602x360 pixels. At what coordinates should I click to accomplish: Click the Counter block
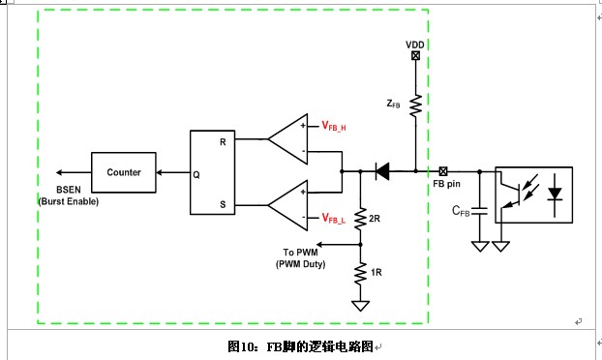[x=124, y=172]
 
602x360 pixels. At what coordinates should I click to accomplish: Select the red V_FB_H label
[x=334, y=126]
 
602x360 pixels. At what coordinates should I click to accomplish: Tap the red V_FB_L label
[x=334, y=219]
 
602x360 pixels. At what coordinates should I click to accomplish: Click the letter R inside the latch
[x=223, y=142]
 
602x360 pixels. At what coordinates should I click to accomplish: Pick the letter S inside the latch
[x=223, y=204]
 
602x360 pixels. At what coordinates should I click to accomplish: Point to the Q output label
[x=196, y=175]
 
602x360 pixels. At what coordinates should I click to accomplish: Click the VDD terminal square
[x=415, y=56]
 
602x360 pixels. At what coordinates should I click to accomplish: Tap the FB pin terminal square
[x=443, y=171]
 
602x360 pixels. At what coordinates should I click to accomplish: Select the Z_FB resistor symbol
[x=415, y=105]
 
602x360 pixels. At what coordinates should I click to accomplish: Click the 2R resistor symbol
[x=360, y=219]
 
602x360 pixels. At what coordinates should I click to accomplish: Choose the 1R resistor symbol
[x=360, y=273]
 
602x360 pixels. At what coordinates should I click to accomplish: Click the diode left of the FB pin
[x=382, y=171]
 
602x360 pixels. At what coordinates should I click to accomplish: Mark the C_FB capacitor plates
[x=479, y=211]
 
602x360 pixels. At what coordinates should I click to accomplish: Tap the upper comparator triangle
[x=288, y=139]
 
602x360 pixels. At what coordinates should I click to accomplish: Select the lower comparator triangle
[x=288, y=205]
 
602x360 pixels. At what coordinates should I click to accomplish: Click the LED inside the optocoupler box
[x=555, y=194]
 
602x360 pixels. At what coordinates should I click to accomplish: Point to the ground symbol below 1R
[x=360, y=306]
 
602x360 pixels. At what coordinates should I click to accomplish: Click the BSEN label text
[x=69, y=190]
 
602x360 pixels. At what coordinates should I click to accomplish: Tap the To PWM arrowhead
[x=319, y=245]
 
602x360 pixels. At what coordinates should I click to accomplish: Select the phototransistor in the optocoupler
[x=511, y=194]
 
